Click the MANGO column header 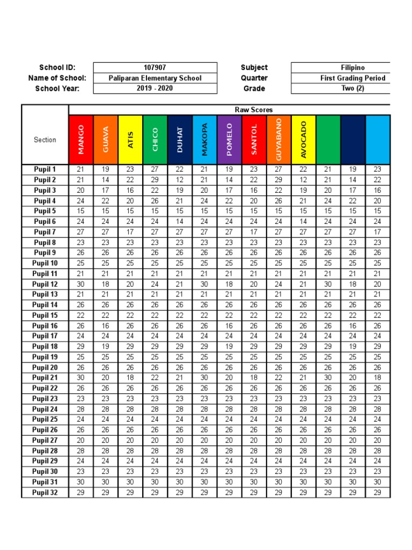click(81, 140)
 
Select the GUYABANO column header click(278, 140)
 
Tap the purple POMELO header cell click(229, 140)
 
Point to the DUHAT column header click(180, 140)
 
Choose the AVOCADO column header click(303, 140)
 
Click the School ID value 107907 click(155, 68)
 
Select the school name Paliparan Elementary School click(155, 78)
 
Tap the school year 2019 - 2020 click(155, 89)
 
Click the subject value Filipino click(352, 68)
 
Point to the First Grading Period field click(352, 78)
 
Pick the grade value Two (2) click(352, 89)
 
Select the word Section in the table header click(45, 140)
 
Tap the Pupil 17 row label click(45, 336)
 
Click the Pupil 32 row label click(45, 493)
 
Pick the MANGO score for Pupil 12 click(81, 284)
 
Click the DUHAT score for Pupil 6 click(180, 221)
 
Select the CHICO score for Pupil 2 click(155, 180)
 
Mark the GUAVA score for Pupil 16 click(106, 326)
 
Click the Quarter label click(254, 78)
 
